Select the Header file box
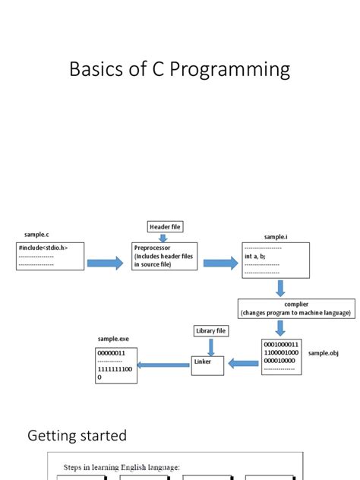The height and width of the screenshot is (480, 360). click(x=165, y=227)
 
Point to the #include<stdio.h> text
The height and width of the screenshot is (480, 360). click(x=43, y=248)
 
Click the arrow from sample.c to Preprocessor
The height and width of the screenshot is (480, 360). click(x=105, y=264)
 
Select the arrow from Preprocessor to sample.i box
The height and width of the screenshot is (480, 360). click(x=219, y=264)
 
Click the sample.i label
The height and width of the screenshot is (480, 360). click(x=275, y=237)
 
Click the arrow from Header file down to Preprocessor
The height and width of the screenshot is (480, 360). click(x=163, y=237)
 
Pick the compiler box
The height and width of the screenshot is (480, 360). click(x=295, y=308)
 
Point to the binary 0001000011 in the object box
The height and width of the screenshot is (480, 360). click(x=281, y=344)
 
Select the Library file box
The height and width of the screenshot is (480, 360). click(x=210, y=331)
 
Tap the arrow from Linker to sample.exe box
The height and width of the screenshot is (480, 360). click(x=163, y=365)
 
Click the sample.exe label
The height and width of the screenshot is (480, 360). click(x=112, y=338)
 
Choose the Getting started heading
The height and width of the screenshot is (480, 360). click(x=77, y=435)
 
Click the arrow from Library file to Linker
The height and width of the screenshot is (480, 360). click(x=210, y=346)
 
